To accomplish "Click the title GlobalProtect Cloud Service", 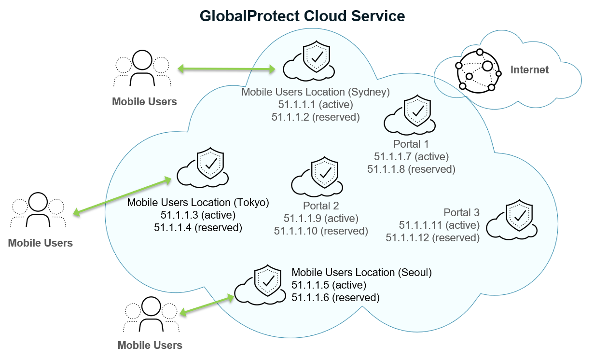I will click(x=302, y=16).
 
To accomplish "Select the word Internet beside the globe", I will click(x=529, y=70).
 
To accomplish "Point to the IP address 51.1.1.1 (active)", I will click(x=316, y=104).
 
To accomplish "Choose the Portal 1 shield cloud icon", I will click(x=411, y=115).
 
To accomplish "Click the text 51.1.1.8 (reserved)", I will click(x=411, y=169).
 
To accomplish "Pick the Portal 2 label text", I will click(x=321, y=206).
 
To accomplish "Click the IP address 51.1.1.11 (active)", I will click(x=439, y=225).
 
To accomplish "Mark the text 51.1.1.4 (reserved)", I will click(x=198, y=227).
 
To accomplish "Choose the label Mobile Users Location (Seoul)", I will click(x=361, y=273).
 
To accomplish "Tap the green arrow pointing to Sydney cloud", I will click(x=226, y=69).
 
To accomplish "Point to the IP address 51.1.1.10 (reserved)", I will click(x=321, y=231).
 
